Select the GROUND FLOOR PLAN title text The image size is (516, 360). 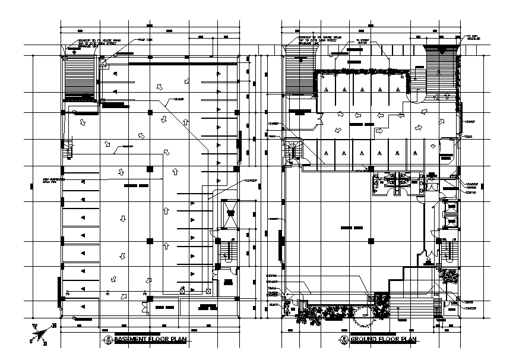coord(384,340)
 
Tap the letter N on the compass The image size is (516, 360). coord(53,326)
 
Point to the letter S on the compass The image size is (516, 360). coord(31,341)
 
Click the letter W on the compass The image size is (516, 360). coord(35,326)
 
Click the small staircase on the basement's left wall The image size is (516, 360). coord(69,150)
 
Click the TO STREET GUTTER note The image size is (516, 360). coord(363,42)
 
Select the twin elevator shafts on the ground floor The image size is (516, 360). coord(451,214)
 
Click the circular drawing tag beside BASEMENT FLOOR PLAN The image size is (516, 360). coord(109,340)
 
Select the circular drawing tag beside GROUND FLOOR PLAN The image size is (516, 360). coord(343,340)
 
